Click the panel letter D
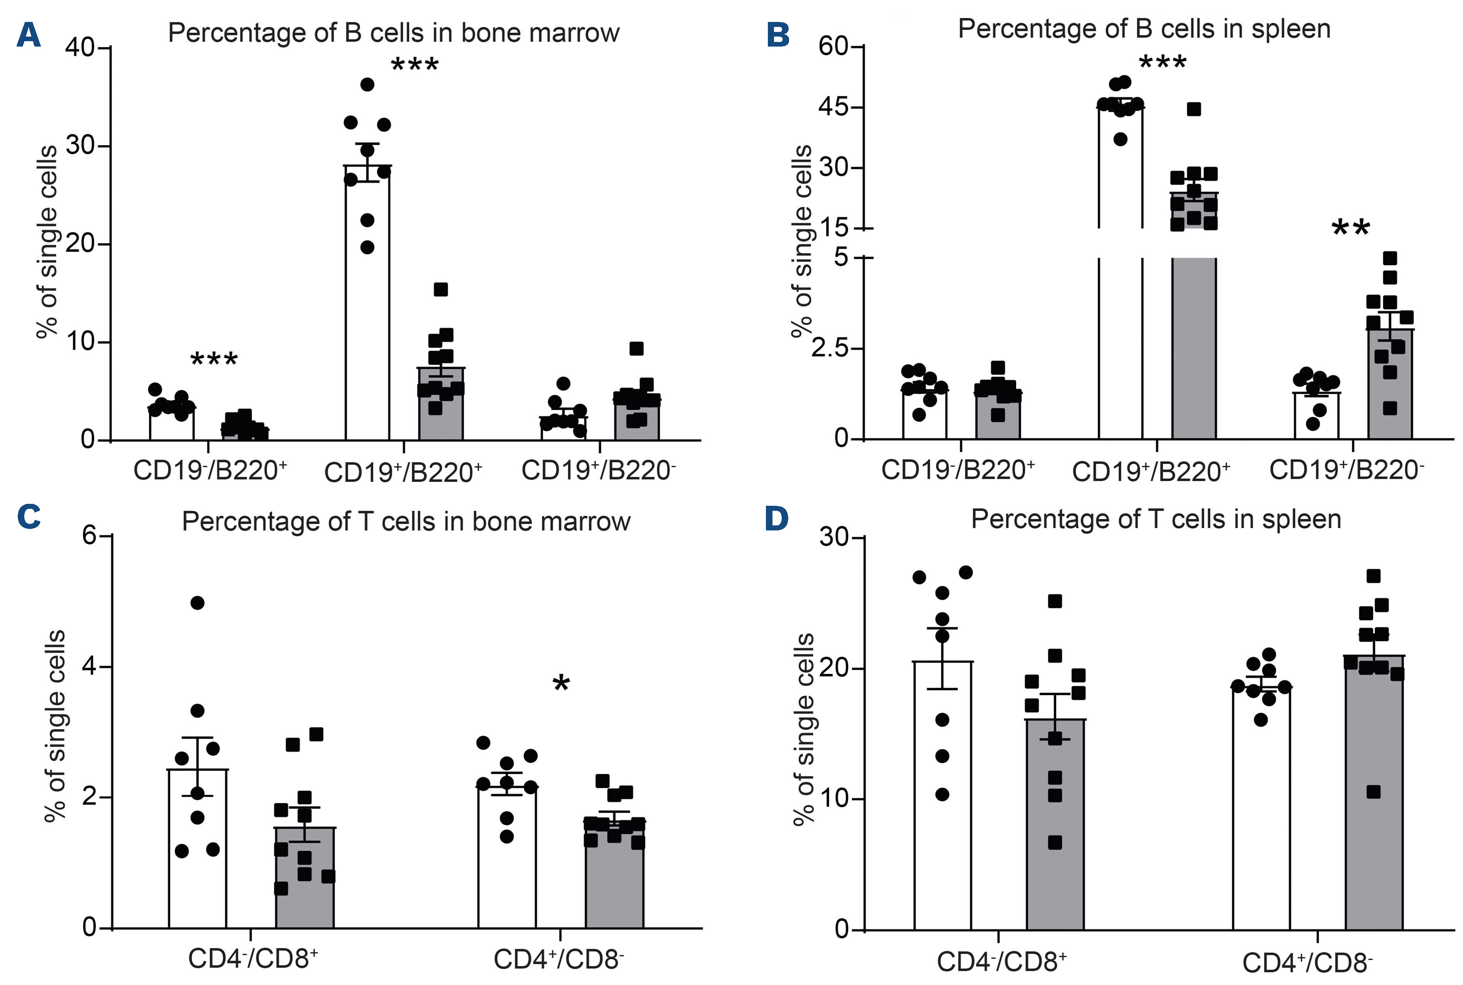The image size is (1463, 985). [x=777, y=519]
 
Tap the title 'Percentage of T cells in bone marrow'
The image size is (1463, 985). [x=405, y=522]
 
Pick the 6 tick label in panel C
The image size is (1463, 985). [x=89, y=536]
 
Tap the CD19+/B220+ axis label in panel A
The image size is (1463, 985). [x=403, y=472]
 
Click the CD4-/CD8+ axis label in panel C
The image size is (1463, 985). [x=253, y=958]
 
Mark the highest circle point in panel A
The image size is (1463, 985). [x=367, y=84]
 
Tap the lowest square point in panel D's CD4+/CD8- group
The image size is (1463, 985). [x=1373, y=791]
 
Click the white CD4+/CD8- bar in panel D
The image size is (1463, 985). [x=1261, y=810]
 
